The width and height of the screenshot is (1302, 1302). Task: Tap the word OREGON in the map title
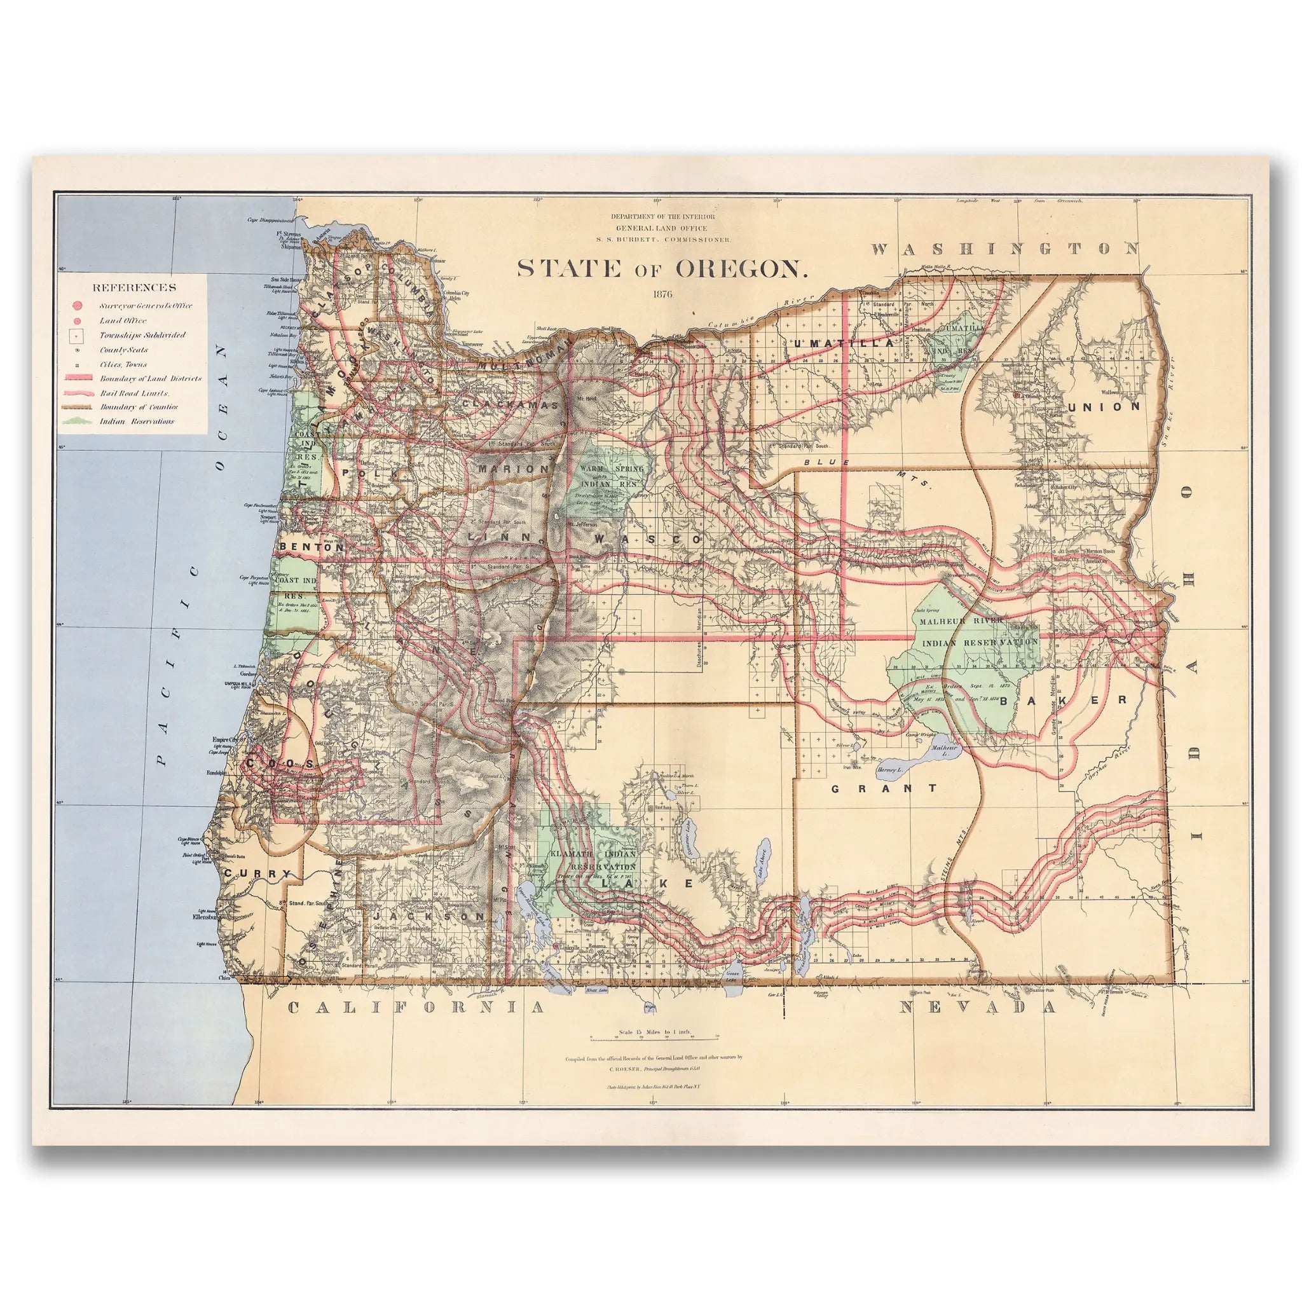[741, 268]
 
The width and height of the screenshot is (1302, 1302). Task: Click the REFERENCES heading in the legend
[134, 287]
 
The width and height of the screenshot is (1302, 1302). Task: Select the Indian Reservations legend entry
[137, 422]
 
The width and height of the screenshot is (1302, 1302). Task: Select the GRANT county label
[884, 788]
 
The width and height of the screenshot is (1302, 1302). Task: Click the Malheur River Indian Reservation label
[976, 631]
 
